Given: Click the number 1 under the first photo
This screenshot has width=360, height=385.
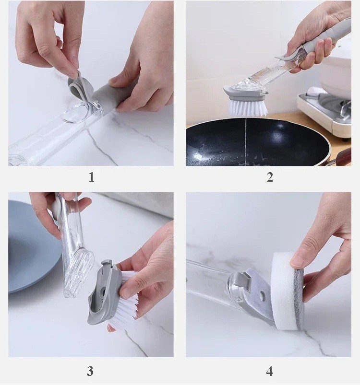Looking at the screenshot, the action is (x=91, y=177).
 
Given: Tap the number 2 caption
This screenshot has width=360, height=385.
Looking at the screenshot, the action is (x=270, y=177).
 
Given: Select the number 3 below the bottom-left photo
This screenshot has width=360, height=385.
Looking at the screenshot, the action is (x=90, y=371).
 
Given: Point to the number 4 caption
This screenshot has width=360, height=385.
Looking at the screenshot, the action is (x=269, y=371).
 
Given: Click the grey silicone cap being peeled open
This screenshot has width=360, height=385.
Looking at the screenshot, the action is (x=80, y=86).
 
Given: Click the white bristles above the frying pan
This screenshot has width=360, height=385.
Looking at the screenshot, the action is (x=248, y=108).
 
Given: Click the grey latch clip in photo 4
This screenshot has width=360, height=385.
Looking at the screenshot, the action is (x=241, y=279).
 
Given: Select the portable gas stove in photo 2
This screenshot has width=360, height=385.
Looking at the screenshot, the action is (x=324, y=110).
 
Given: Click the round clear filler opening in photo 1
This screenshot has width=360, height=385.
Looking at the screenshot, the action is (x=75, y=114).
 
